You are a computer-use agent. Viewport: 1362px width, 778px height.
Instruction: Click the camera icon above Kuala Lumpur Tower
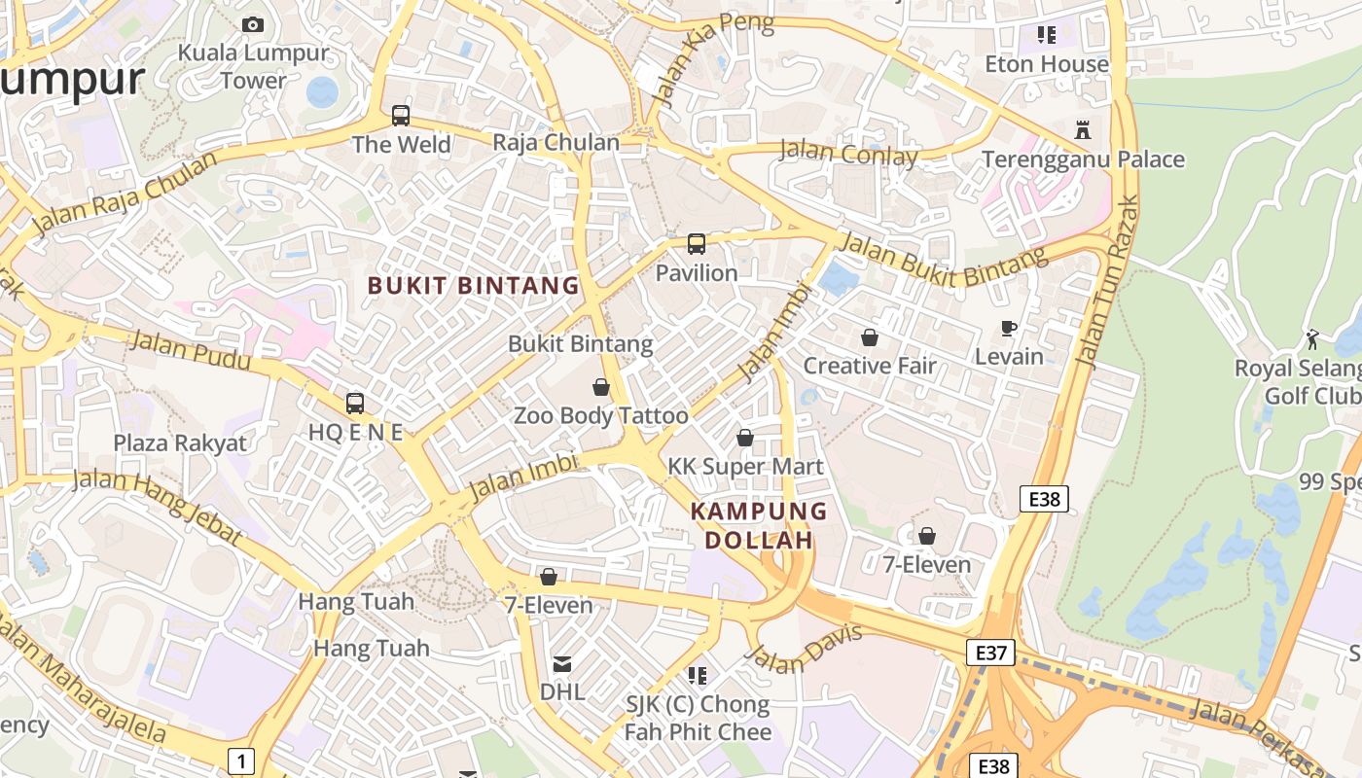(253, 24)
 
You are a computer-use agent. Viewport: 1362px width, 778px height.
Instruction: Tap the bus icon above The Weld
(401, 115)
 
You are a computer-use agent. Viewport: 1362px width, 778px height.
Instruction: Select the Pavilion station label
(697, 272)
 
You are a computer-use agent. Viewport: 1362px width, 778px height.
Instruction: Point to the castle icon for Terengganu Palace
(1082, 129)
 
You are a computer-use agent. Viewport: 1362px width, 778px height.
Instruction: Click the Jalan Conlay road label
(848, 154)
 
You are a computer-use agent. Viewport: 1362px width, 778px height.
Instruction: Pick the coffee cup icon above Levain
(1009, 329)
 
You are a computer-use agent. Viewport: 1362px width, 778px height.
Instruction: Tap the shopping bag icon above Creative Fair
(869, 337)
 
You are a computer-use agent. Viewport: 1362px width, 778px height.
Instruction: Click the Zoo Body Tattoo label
(600, 416)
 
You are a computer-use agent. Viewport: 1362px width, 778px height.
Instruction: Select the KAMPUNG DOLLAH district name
(759, 525)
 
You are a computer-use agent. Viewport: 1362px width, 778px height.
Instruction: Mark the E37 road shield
(990, 652)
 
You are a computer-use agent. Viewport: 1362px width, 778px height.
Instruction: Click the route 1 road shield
(240, 760)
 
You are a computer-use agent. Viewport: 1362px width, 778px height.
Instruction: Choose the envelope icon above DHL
(562, 664)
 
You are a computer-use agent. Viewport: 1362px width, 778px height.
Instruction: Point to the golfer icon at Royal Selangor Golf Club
(1312, 339)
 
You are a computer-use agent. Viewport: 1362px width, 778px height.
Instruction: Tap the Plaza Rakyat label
(180, 443)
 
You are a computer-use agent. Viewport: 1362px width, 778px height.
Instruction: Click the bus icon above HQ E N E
(355, 403)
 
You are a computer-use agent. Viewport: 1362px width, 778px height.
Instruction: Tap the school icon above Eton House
(1047, 35)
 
